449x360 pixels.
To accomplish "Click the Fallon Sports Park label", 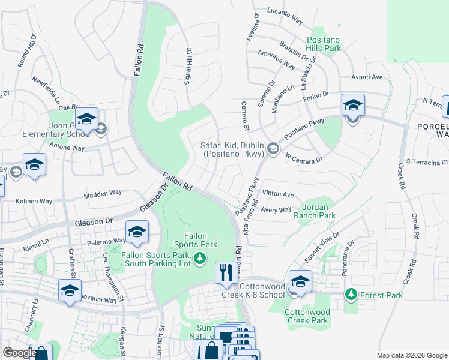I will (x=196, y=240).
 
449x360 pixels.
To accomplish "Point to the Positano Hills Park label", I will (x=323, y=43).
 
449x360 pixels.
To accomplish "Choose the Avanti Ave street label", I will (x=367, y=77).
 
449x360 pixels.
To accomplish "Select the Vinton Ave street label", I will (x=278, y=194).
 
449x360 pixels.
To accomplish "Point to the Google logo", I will (x=20, y=352).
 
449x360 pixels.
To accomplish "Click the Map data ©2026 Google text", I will (x=412, y=355).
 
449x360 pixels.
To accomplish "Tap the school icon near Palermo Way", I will (x=137, y=232).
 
